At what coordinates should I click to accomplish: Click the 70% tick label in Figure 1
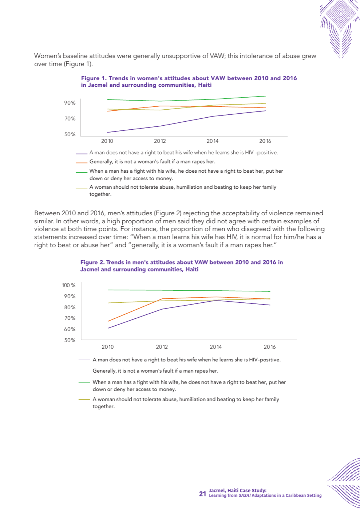pyautogui.click(x=70, y=119)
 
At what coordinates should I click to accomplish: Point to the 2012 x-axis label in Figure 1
pyautogui.click(x=160, y=141)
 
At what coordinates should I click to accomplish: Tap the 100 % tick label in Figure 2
pyautogui.click(x=68, y=285)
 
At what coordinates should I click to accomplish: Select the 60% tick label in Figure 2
pyautogui.click(x=70, y=329)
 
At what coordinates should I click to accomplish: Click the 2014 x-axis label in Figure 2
pyautogui.click(x=215, y=347)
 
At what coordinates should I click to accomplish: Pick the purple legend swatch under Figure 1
pyautogui.click(x=82, y=154)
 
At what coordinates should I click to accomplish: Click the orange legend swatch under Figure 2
pyautogui.click(x=84, y=371)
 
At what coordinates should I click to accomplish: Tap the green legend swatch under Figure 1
pyautogui.click(x=82, y=172)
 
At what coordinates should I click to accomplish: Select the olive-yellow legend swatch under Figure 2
pyautogui.click(x=84, y=399)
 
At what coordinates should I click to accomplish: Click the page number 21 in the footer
pyautogui.click(x=202, y=494)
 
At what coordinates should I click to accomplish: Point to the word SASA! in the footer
pyautogui.click(x=245, y=496)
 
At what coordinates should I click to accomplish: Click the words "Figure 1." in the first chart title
pyautogui.click(x=94, y=78)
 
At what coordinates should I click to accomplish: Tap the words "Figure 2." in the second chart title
pyautogui.click(x=92, y=262)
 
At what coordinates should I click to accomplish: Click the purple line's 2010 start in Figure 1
pyautogui.click(x=107, y=132)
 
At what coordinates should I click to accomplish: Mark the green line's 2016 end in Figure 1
pyautogui.click(x=266, y=96)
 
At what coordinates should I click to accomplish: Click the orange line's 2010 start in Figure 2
pyautogui.click(x=108, y=321)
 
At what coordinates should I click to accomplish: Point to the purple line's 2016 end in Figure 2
pyautogui.click(x=270, y=305)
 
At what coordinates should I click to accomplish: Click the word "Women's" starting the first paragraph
pyautogui.click(x=48, y=56)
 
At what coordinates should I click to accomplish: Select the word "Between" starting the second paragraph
pyautogui.click(x=47, y=213)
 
